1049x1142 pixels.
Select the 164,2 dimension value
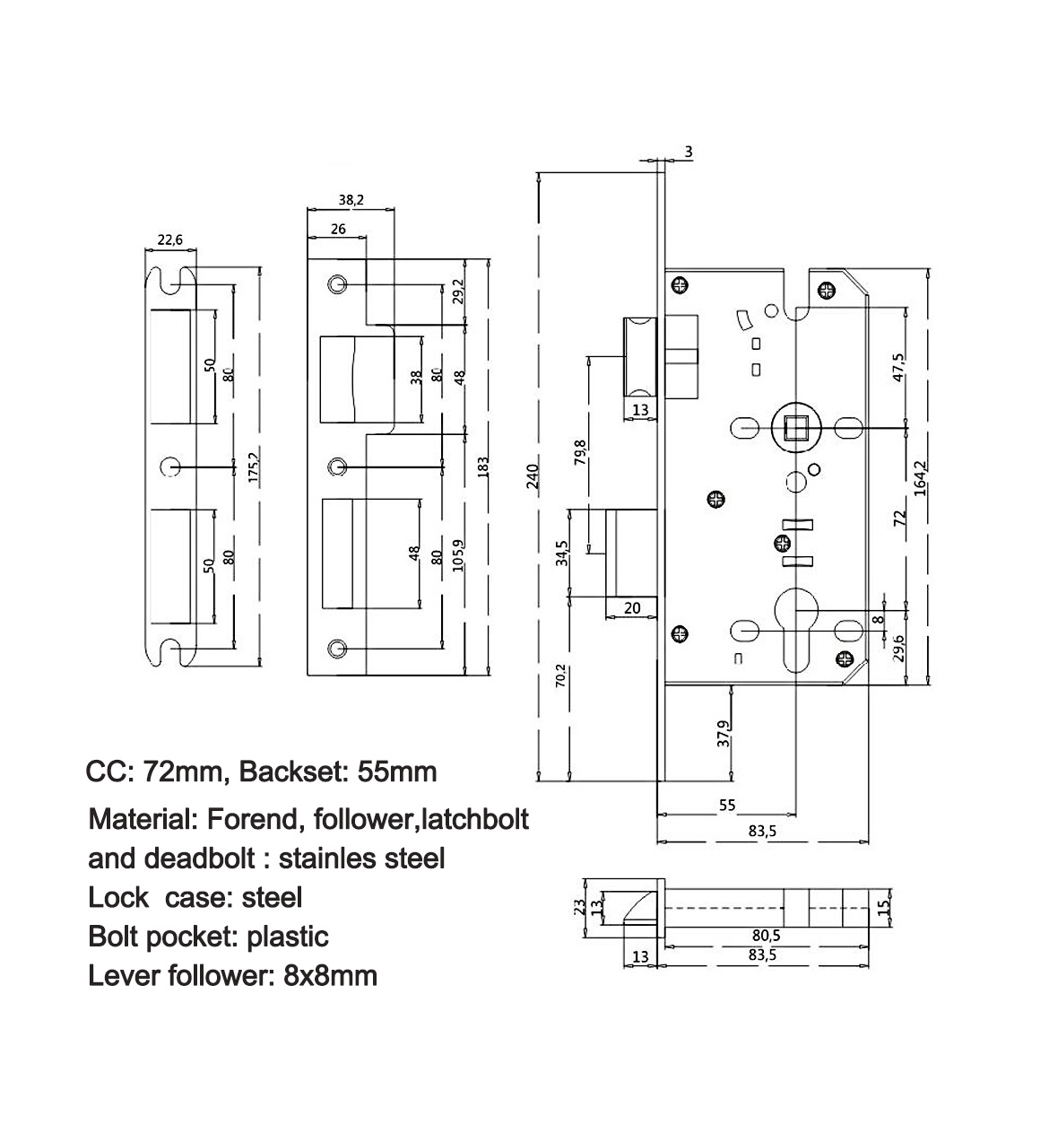click(x=920, y=478)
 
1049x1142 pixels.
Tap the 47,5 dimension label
click(x=899, y=369)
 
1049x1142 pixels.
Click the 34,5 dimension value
click(x=562, y=554)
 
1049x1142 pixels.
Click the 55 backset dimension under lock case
click(x=727, y=806)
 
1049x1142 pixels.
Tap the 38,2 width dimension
click(x=351, y=201)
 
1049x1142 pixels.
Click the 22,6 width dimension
click(x=170, y=239)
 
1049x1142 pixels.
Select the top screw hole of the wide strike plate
click(x=337, y=284)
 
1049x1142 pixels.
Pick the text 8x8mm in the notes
click(x=330, y=975)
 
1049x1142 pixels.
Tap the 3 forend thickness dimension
click(x=689, y=153)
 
